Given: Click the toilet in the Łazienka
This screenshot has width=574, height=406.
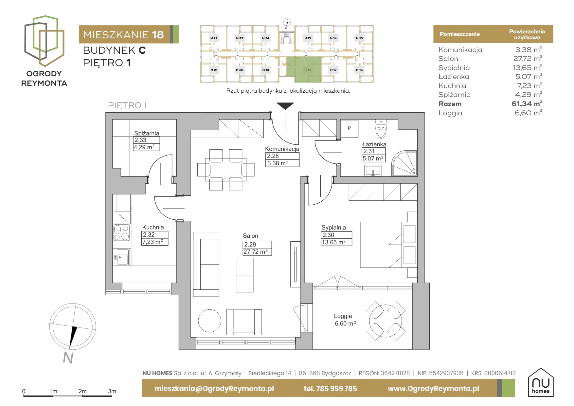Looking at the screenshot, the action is [381, 129].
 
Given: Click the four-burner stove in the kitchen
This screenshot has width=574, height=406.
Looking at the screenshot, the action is [121, 232].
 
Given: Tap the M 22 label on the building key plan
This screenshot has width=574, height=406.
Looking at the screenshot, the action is [214, 38].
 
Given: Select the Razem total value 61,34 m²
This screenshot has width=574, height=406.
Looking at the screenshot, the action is [527, 104].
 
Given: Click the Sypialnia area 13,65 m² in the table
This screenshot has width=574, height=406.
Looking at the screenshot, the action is [527, 68].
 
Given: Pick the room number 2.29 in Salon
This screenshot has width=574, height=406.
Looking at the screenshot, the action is [250, 244].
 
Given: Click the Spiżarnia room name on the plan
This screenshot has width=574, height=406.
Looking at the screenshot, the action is [147, 133].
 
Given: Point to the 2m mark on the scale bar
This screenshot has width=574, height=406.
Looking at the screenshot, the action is [82, 391].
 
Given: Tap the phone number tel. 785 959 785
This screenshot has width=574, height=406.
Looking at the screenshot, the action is [330, 389].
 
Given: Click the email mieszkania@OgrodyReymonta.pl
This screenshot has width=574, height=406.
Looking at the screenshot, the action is [214, 389].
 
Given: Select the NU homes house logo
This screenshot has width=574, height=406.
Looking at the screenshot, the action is [541, 382].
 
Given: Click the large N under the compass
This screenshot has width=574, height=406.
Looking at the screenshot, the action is [68, 358].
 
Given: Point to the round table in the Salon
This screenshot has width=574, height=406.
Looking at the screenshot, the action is [209, 321].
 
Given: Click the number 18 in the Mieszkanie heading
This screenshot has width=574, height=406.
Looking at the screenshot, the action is [158, 35].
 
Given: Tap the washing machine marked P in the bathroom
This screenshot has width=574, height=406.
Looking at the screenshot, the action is [350, 128].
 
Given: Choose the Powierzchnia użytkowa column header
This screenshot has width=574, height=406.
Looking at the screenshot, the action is [527, 34].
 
